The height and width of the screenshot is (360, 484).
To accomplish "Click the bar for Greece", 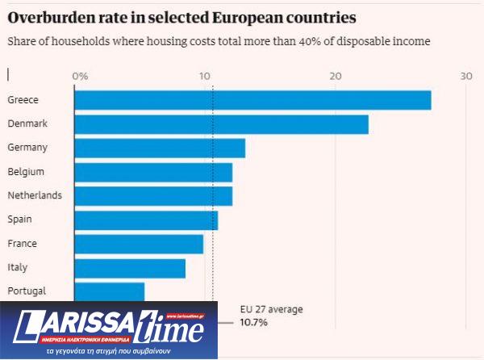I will (252, 100).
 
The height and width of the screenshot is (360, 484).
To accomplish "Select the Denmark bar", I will (221, 124).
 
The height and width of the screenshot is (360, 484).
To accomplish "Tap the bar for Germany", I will (160, 148).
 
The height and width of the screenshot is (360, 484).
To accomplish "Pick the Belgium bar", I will (153, 172).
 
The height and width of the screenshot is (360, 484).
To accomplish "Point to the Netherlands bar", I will (153, 195).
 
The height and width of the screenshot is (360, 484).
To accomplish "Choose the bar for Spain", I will (146, 220).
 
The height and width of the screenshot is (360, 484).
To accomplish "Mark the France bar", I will (139, 243).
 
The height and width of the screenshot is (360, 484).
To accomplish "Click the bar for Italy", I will (130, 267).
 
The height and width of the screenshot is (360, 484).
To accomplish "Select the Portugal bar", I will (109, 291).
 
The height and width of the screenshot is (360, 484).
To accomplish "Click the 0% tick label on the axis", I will (80, 76).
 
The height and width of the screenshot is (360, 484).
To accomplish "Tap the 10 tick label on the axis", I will (206, 76).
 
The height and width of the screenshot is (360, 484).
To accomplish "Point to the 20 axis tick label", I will (336, 76).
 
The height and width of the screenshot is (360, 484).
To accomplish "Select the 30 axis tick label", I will (465, 76).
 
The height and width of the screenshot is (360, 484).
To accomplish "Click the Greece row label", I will (23, 100).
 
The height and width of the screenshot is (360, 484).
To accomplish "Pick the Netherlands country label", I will (35, 195).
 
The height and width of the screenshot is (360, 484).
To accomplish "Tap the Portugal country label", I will (27, 291).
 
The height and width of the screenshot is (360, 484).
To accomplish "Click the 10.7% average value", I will (254, 322).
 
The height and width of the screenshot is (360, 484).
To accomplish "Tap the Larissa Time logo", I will (109, 329).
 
